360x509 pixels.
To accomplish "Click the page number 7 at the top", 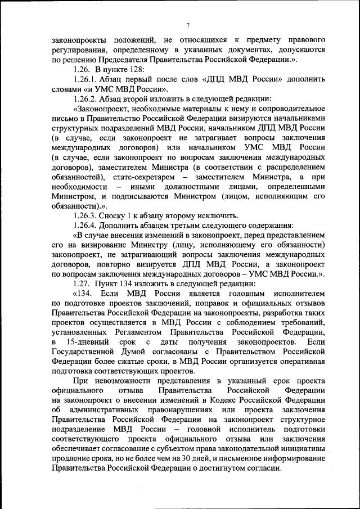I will [x=188, y=25].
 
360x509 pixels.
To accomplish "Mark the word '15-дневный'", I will [x=85, y=342].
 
